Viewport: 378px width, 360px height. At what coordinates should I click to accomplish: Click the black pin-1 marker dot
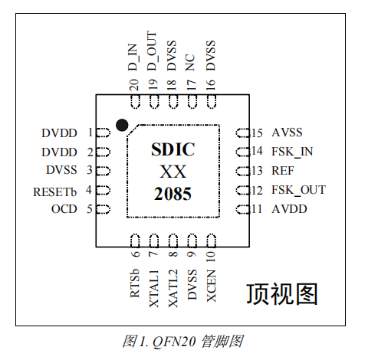121,124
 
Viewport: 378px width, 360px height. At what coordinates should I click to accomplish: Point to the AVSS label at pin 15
288,133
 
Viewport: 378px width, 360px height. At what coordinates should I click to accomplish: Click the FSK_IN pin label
293,152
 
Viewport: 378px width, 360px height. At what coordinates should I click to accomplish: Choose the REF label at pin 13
283,171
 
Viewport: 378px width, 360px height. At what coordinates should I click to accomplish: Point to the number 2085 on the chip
173,195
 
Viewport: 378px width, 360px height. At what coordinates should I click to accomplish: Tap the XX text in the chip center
173,171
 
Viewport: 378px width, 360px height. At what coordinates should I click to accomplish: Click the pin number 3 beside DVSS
90,171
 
